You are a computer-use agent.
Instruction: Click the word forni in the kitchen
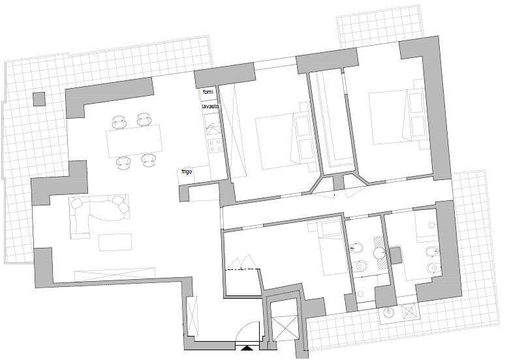[x=208, y=92]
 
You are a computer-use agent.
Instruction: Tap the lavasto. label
[x=211, y=106]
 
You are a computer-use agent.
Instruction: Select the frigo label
[x=187, y=172]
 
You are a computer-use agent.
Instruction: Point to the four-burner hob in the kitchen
[x=215, y=145]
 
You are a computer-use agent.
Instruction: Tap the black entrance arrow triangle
[x=247, y=348]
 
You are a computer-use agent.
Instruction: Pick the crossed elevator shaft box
[x=285, y=328]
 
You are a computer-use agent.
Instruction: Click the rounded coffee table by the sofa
[x=116, y=242]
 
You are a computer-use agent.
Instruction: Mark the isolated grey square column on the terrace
[x=39, y=99]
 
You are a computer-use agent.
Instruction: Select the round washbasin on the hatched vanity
[x=378, y=252]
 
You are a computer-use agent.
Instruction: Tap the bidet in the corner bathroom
[x=432, y=252]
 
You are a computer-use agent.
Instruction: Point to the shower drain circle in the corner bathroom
[x=432, y=225]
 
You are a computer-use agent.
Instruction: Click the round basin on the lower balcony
[x=388, y=312]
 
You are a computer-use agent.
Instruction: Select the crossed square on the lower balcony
[x=409, y=310]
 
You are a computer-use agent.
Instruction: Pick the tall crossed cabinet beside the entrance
[x=192, y=316]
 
